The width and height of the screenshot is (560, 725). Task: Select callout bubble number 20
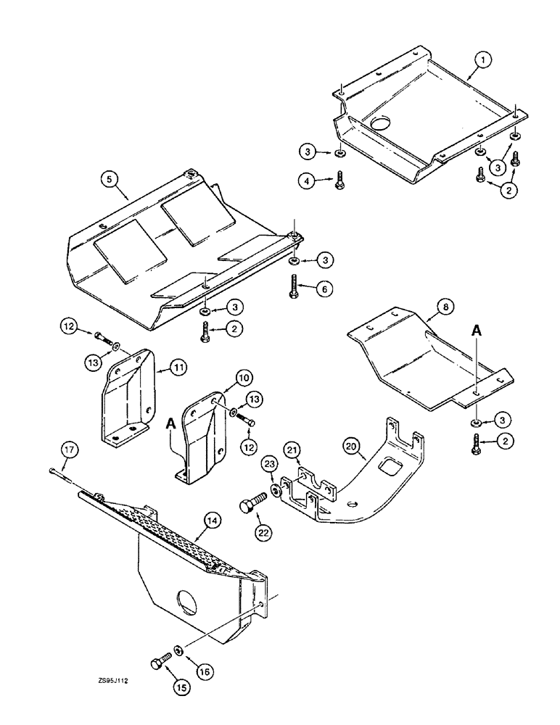[x=351, y=447]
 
